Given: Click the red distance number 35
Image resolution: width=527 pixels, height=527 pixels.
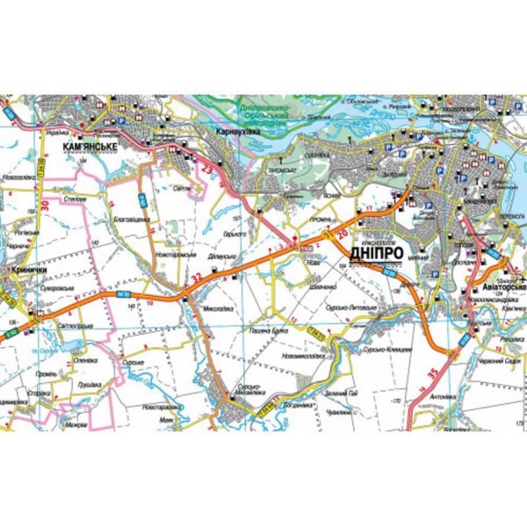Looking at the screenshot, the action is tap(432, 372).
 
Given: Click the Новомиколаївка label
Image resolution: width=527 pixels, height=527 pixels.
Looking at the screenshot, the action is tap(302, 357).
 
